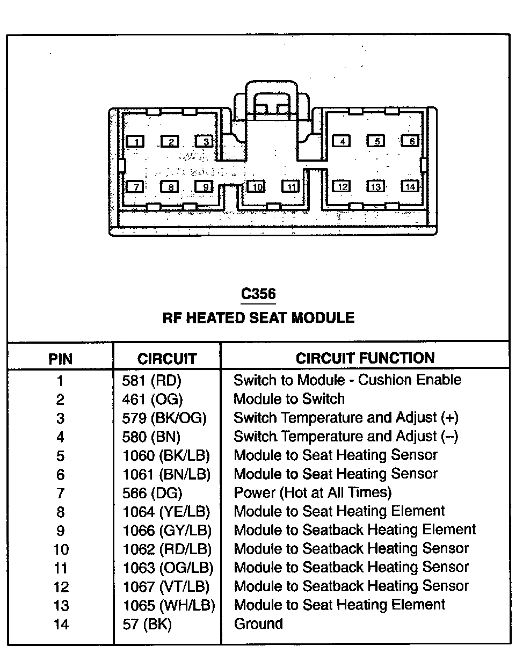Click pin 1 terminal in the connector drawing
(x=136, y=142)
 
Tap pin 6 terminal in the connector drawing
(x=411, y=141)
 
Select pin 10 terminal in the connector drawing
(x=257, y=187)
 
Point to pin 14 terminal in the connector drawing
(x=410, y=186)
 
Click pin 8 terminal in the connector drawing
(x=170, y=187)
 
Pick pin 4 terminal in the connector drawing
(x=342, y=141)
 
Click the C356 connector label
(x=258, y=294)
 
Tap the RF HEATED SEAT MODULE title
(x=258, y=318)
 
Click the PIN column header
(x=60, y=358)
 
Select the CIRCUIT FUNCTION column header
(x=365, y=358)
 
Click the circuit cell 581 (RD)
(x=152, y=381)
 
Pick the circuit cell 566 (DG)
(x=152, y=493)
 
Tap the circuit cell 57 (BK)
(x=147, y=624)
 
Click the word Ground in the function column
(x=258, y=624)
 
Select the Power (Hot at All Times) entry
(x=313, y=492)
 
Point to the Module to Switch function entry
(x=289, y=399)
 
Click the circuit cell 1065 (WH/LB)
(x=169, y=605)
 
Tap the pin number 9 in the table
(x=60, y=531)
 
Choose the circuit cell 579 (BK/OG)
(x=164, y=418)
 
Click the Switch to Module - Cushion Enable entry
(x=347, y=380)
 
